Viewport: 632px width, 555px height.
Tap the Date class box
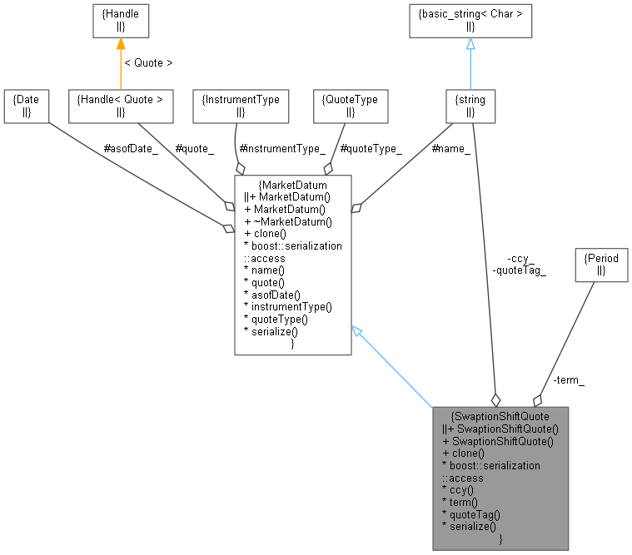(26, 105)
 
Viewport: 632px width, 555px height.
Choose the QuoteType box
(350, 105)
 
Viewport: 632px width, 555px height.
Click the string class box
(470, 105)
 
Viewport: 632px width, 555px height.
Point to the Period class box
(601, 264)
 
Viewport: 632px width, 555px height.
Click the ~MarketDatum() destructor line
(288, 221)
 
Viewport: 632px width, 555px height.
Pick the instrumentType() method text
(287, 306)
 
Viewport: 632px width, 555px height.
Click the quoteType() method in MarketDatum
(275, 319)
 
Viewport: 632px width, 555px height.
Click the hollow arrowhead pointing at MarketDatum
(356, 331)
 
